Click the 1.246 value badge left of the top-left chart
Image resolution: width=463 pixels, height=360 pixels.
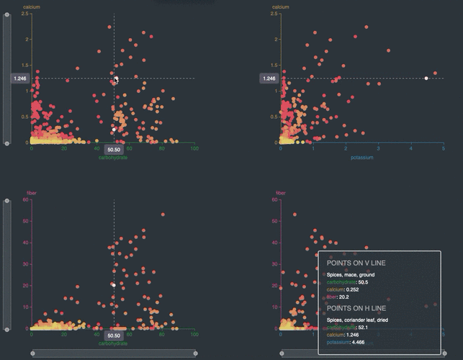pos(19,78)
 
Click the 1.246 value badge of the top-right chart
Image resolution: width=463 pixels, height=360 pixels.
pos(269,78)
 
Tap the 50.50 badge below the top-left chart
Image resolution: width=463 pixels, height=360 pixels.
pos(114,150)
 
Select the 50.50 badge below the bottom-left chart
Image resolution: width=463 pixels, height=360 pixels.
pos(114,336)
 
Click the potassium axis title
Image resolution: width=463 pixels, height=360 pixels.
pos(362,157)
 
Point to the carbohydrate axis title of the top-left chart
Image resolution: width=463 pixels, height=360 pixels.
pos(113,157)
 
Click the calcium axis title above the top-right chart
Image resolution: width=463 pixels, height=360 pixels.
pos(281,7)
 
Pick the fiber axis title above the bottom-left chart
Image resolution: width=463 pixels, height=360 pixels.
pos(31,193)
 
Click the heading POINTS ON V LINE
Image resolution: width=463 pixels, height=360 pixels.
pos(356,264)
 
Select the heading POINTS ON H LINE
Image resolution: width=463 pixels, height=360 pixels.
pos(356,308)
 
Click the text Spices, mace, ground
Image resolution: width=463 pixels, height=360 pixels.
pos(351,275)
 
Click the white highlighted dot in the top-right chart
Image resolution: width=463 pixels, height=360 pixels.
pos(426,78)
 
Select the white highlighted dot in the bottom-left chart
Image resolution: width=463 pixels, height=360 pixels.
pos(114,285)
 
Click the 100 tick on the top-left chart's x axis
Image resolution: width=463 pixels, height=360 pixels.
pos(194,148)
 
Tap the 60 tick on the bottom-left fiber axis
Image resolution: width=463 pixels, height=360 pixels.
pos(25,200)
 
